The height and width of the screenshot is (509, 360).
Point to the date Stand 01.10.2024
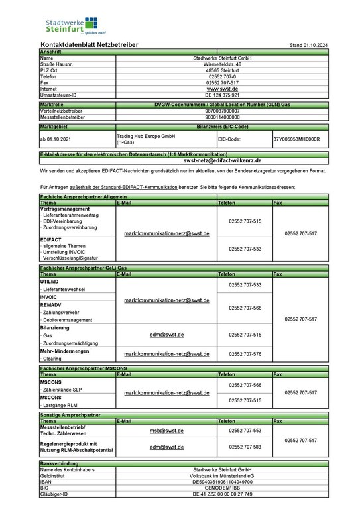309,45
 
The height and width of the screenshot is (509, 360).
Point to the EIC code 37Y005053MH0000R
296,139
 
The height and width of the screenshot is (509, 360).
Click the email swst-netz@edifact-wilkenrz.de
222,160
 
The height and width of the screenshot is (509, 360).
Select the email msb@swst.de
166,431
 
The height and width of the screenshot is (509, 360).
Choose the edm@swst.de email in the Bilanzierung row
166,335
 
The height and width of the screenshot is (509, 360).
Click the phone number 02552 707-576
245,354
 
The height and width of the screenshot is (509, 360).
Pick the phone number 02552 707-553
245,431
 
